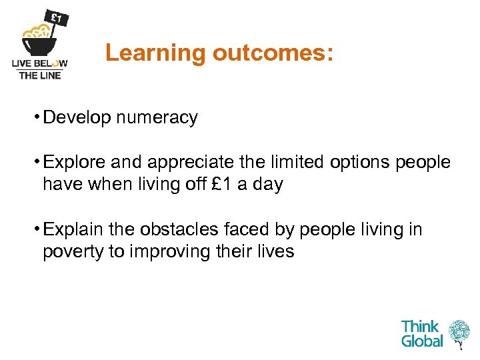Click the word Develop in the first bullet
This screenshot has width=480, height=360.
[x=77, y=118]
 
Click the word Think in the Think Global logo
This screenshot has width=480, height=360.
[x=420, y=327]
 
